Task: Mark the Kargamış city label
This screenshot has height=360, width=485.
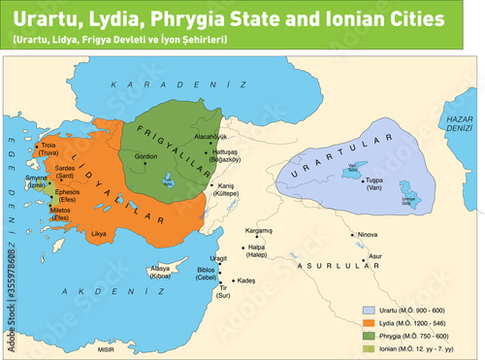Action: point(259,231)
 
